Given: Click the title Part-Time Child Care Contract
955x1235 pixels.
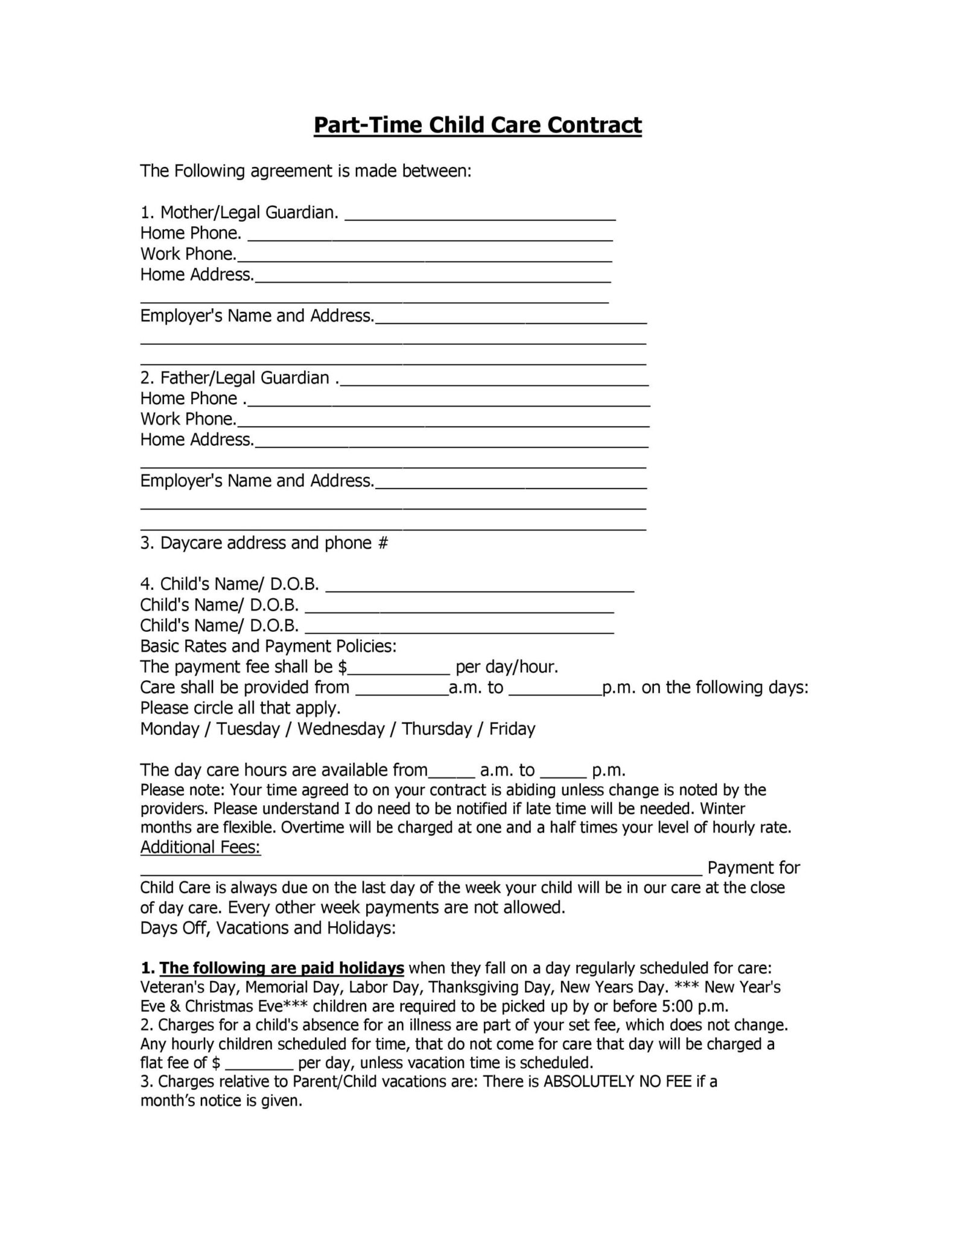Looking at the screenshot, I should click(x=477, y=125).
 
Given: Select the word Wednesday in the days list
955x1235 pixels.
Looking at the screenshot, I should click(x=341, y=729).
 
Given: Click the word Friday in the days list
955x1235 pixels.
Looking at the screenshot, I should click(x=512, y=729).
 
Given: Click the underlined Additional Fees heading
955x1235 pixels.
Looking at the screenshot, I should click(x=200, y=847).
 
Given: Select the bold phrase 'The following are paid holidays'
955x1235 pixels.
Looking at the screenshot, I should click(x=282, y=968).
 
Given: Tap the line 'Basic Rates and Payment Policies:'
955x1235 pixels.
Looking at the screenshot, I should click(x=268, y=646).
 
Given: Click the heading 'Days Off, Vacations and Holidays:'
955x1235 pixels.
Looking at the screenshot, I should click(x=268, y=927).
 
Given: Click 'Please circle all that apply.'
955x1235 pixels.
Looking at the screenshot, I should click(x=241, y=708).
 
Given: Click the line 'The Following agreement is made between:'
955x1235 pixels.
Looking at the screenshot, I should click(x=305, y=171).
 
